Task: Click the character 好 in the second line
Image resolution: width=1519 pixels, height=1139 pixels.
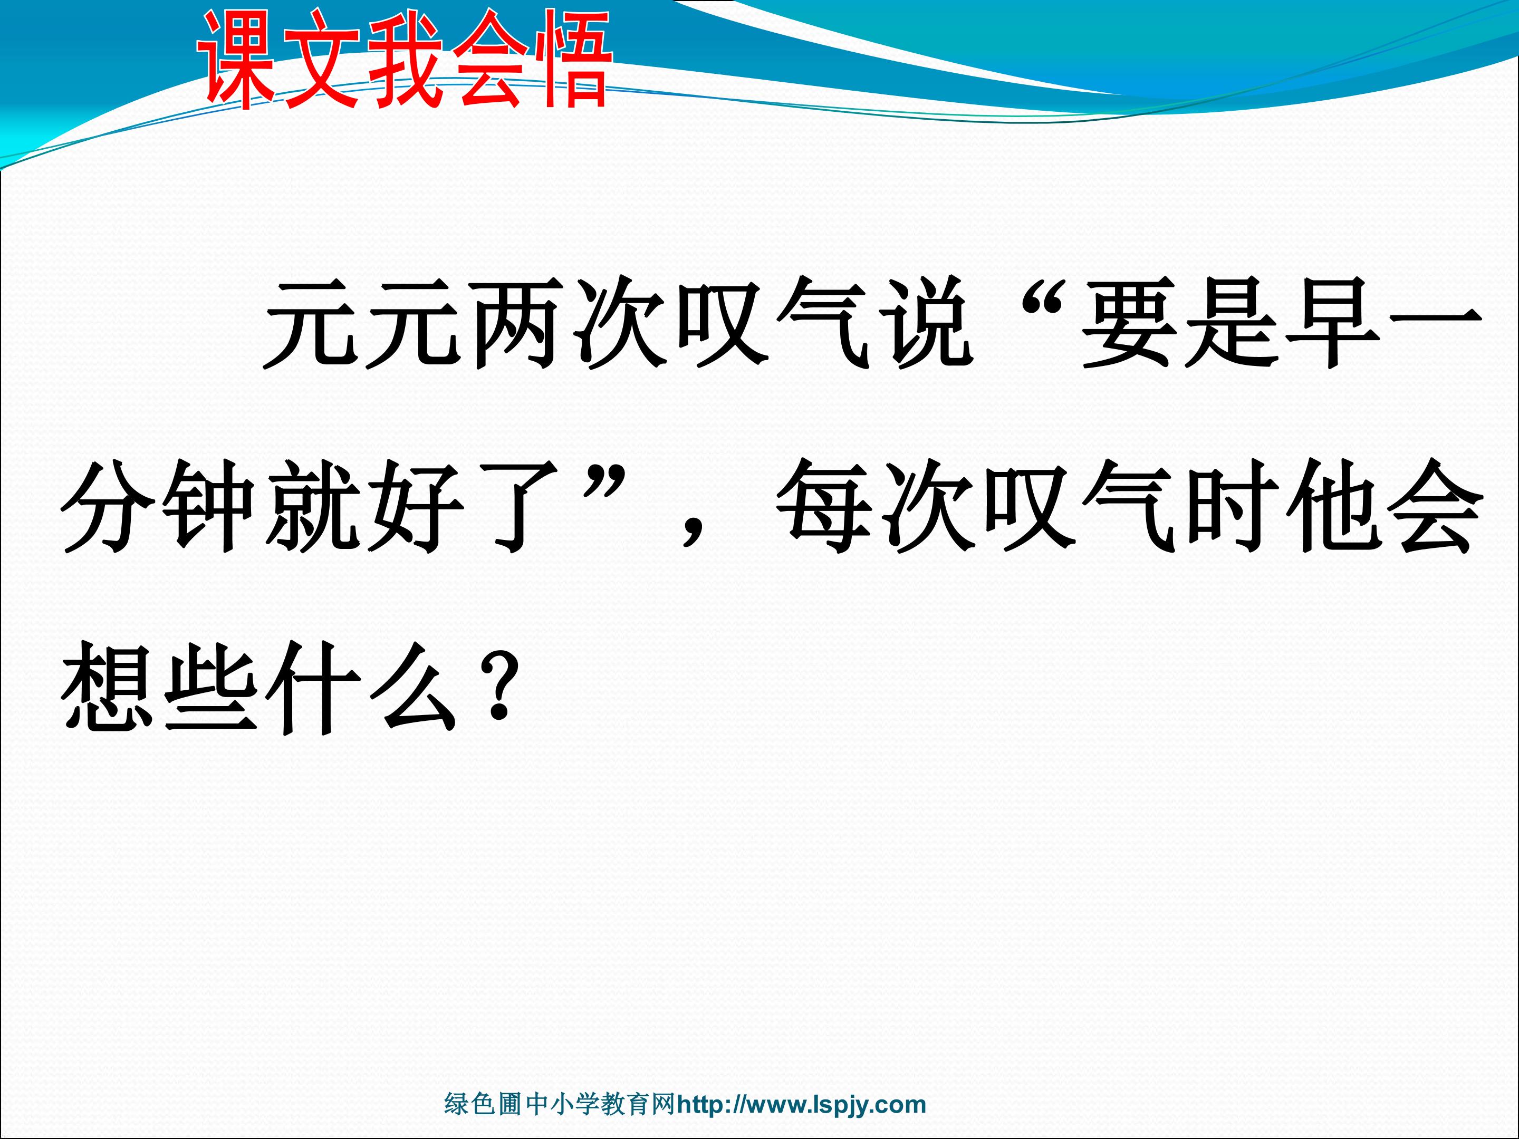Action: pyautogui.click(x=416, y=506)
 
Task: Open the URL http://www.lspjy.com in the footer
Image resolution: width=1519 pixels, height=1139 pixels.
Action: pyautogui.click(x=801, y=1105)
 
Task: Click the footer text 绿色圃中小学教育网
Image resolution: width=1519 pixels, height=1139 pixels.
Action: pyautogui.click(x=560, y=1104)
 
